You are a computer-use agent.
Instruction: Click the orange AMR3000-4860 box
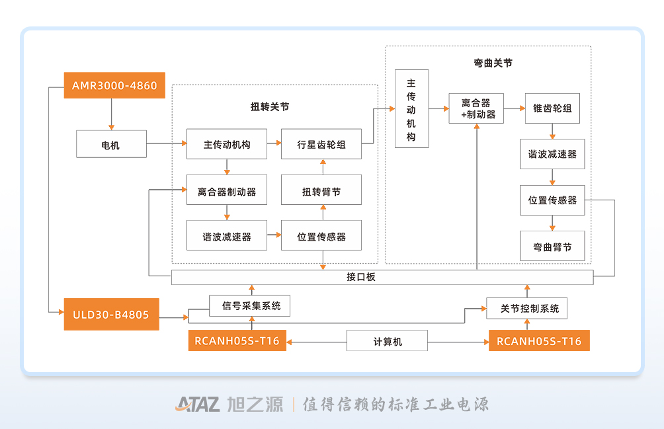[x=114, y=85]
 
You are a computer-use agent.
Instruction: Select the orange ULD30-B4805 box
[x=111, y=315]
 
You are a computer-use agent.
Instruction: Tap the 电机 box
[x=111, y=144]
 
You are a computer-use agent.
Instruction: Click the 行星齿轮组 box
[x=321, y=144]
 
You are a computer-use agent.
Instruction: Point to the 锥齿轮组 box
[x=552, y=108]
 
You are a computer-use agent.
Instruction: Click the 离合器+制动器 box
[x=476, y=108]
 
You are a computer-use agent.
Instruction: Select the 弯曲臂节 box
[x=552, y=247]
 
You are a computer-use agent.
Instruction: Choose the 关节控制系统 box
[x=527, y=309]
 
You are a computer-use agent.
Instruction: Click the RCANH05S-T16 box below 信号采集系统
[x=237, y=340]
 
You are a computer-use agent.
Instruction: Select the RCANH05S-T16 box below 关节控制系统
[x=539, y=340]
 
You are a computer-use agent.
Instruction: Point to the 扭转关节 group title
[x=270, y=106]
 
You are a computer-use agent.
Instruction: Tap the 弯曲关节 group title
[x=493, y=63]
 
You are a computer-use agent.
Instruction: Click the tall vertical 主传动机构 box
[x=411, y=108]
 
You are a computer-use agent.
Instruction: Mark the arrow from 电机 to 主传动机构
[x=167, y=143]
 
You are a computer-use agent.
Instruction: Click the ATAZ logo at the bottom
[x=197, y=404]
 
